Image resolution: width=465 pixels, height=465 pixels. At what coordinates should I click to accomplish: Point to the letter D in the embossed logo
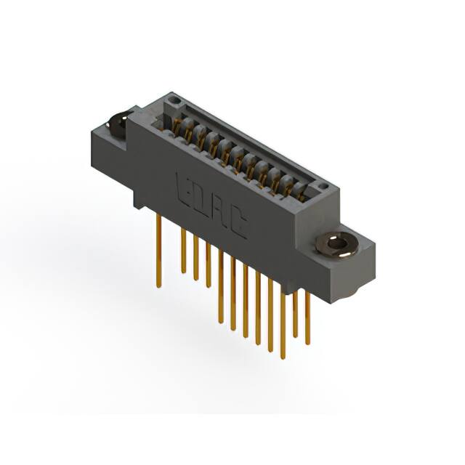203,201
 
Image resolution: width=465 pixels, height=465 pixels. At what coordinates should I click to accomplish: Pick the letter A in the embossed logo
220,213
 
